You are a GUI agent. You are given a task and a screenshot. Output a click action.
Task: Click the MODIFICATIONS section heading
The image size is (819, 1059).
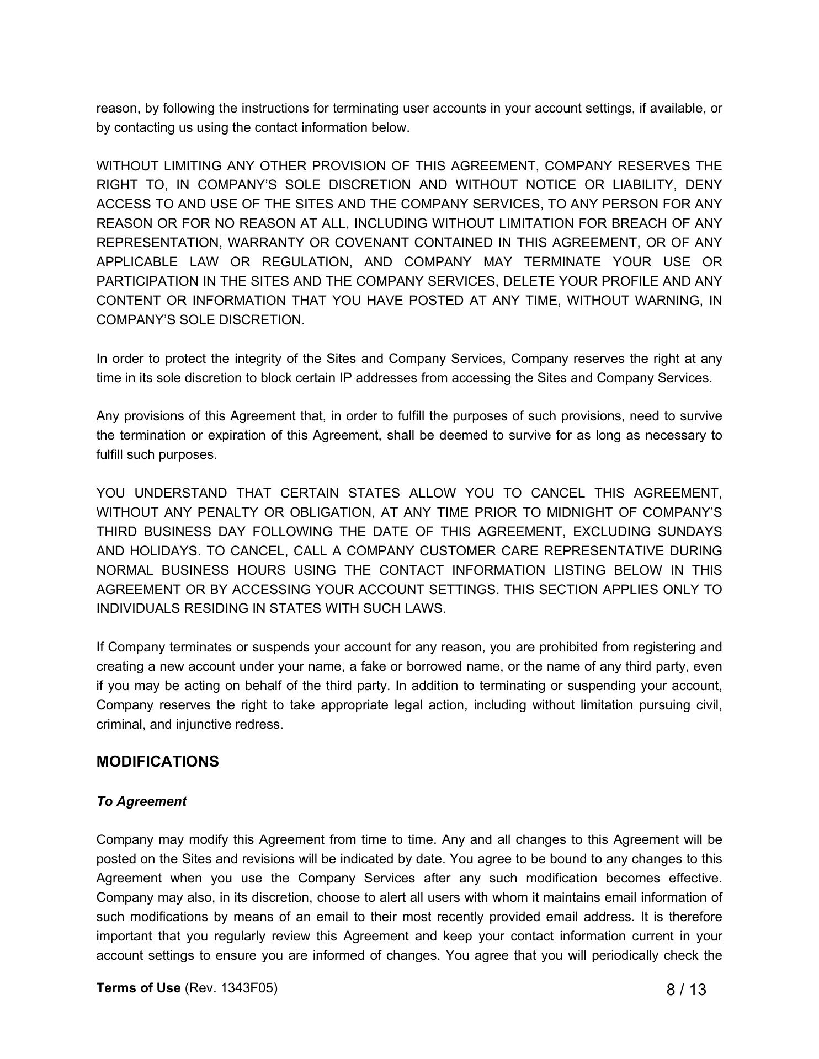tap(157, 762)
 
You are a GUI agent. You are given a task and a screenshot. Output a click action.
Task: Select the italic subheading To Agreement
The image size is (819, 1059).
tap(141, 801)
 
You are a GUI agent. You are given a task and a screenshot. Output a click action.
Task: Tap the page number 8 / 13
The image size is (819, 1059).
tap(686, 990)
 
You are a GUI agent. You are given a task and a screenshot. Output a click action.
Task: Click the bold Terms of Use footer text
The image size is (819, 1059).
tap(139, 988)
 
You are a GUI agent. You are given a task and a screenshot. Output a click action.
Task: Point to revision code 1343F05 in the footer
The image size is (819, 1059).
tap(248, 988)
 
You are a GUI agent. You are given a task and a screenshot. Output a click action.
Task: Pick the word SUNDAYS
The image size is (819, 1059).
tap(690, 532)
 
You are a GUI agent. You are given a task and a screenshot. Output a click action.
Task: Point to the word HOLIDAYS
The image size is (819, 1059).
tap(159, 551)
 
